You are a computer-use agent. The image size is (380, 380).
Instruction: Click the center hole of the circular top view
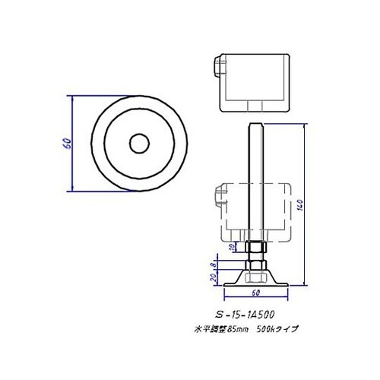(x=138, y=142)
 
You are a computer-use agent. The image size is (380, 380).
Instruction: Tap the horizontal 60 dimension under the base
(x=256, y=292)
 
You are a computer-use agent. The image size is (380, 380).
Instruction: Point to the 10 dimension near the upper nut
(x=233, y=248)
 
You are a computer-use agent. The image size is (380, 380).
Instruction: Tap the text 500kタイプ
(x=279, y=329)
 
